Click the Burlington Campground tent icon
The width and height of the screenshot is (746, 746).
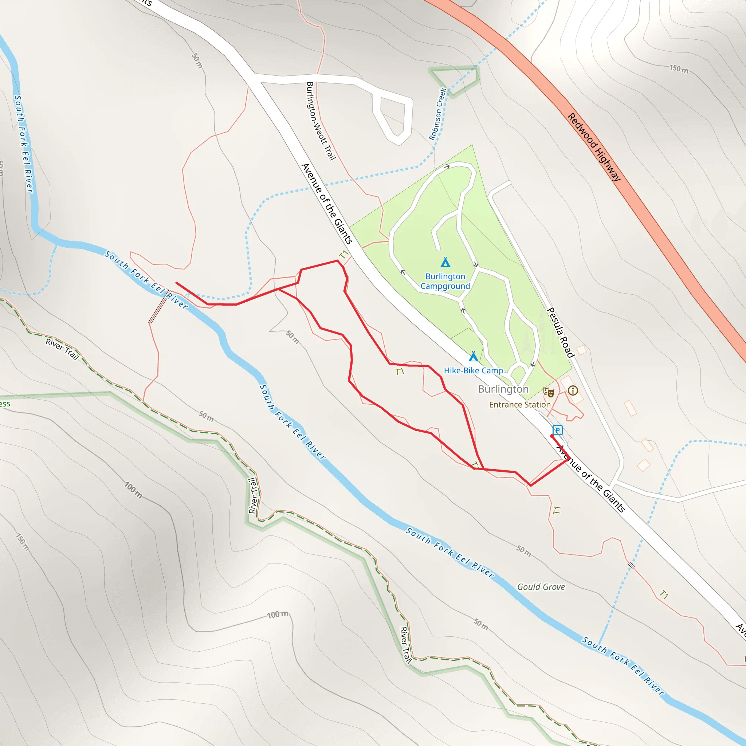[445, 263]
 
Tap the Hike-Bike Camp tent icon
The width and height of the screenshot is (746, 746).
[474, 356]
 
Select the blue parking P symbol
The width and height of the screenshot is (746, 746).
[557, 430]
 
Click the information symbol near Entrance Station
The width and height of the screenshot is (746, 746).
[573, 390]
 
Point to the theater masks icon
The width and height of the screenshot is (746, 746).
[548, 392]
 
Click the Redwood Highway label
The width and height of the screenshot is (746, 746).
[594, 147]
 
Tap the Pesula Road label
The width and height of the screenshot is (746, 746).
[561, 332]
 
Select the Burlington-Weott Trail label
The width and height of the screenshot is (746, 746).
[321, 121]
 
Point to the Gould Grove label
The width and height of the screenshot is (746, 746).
[541, 587]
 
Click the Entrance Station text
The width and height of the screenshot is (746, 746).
[520, 405]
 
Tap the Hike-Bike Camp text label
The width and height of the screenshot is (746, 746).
[474, 371]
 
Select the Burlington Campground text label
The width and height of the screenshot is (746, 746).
[445, 281]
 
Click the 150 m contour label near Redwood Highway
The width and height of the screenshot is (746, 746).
[678, 69]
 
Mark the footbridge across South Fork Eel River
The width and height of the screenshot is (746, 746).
[158, 307]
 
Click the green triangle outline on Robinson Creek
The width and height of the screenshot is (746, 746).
[454, 82]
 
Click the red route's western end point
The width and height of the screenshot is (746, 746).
[176, 283]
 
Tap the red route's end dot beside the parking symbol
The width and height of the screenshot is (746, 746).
[551, 436]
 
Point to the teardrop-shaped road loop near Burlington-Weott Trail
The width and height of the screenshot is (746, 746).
[393, 118]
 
